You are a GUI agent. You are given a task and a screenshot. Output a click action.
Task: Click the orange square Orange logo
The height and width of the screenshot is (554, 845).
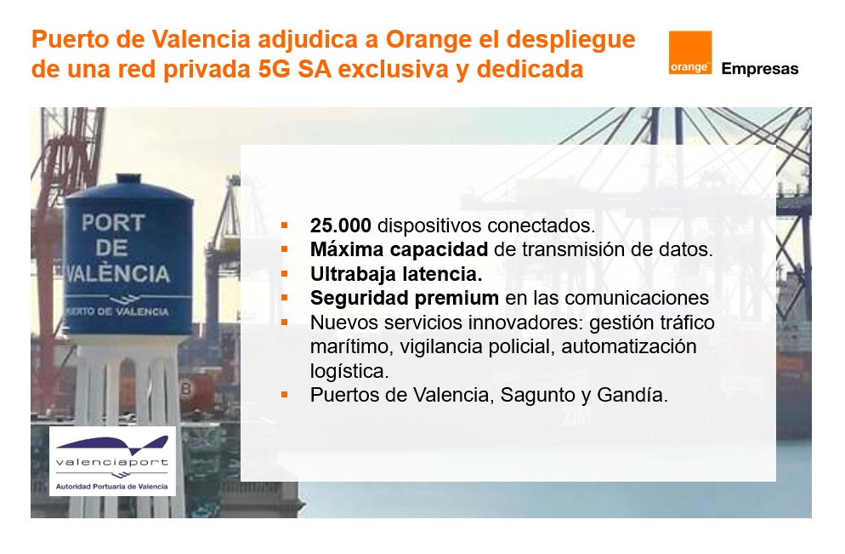689,52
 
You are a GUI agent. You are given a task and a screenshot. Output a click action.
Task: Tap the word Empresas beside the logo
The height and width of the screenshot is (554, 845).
760,69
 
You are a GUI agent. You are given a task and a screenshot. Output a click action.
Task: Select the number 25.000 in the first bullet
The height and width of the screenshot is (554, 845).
341,226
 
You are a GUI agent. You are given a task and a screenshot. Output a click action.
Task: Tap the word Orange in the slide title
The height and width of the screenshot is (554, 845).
428,39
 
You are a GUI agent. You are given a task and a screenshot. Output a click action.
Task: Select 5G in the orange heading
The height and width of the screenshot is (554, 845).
275,69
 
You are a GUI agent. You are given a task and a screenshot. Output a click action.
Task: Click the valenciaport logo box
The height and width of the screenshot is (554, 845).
112,461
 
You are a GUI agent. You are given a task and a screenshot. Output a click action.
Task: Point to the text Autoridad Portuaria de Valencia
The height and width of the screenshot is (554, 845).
111,487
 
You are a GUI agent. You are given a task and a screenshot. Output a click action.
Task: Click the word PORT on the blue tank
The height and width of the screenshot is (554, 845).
113,223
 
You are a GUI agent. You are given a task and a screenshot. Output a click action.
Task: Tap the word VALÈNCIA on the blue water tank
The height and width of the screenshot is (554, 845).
117,274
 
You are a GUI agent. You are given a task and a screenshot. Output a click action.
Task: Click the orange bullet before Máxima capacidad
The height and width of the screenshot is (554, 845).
285,249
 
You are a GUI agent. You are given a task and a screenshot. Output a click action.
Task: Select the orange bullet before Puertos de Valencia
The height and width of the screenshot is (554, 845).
285,396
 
